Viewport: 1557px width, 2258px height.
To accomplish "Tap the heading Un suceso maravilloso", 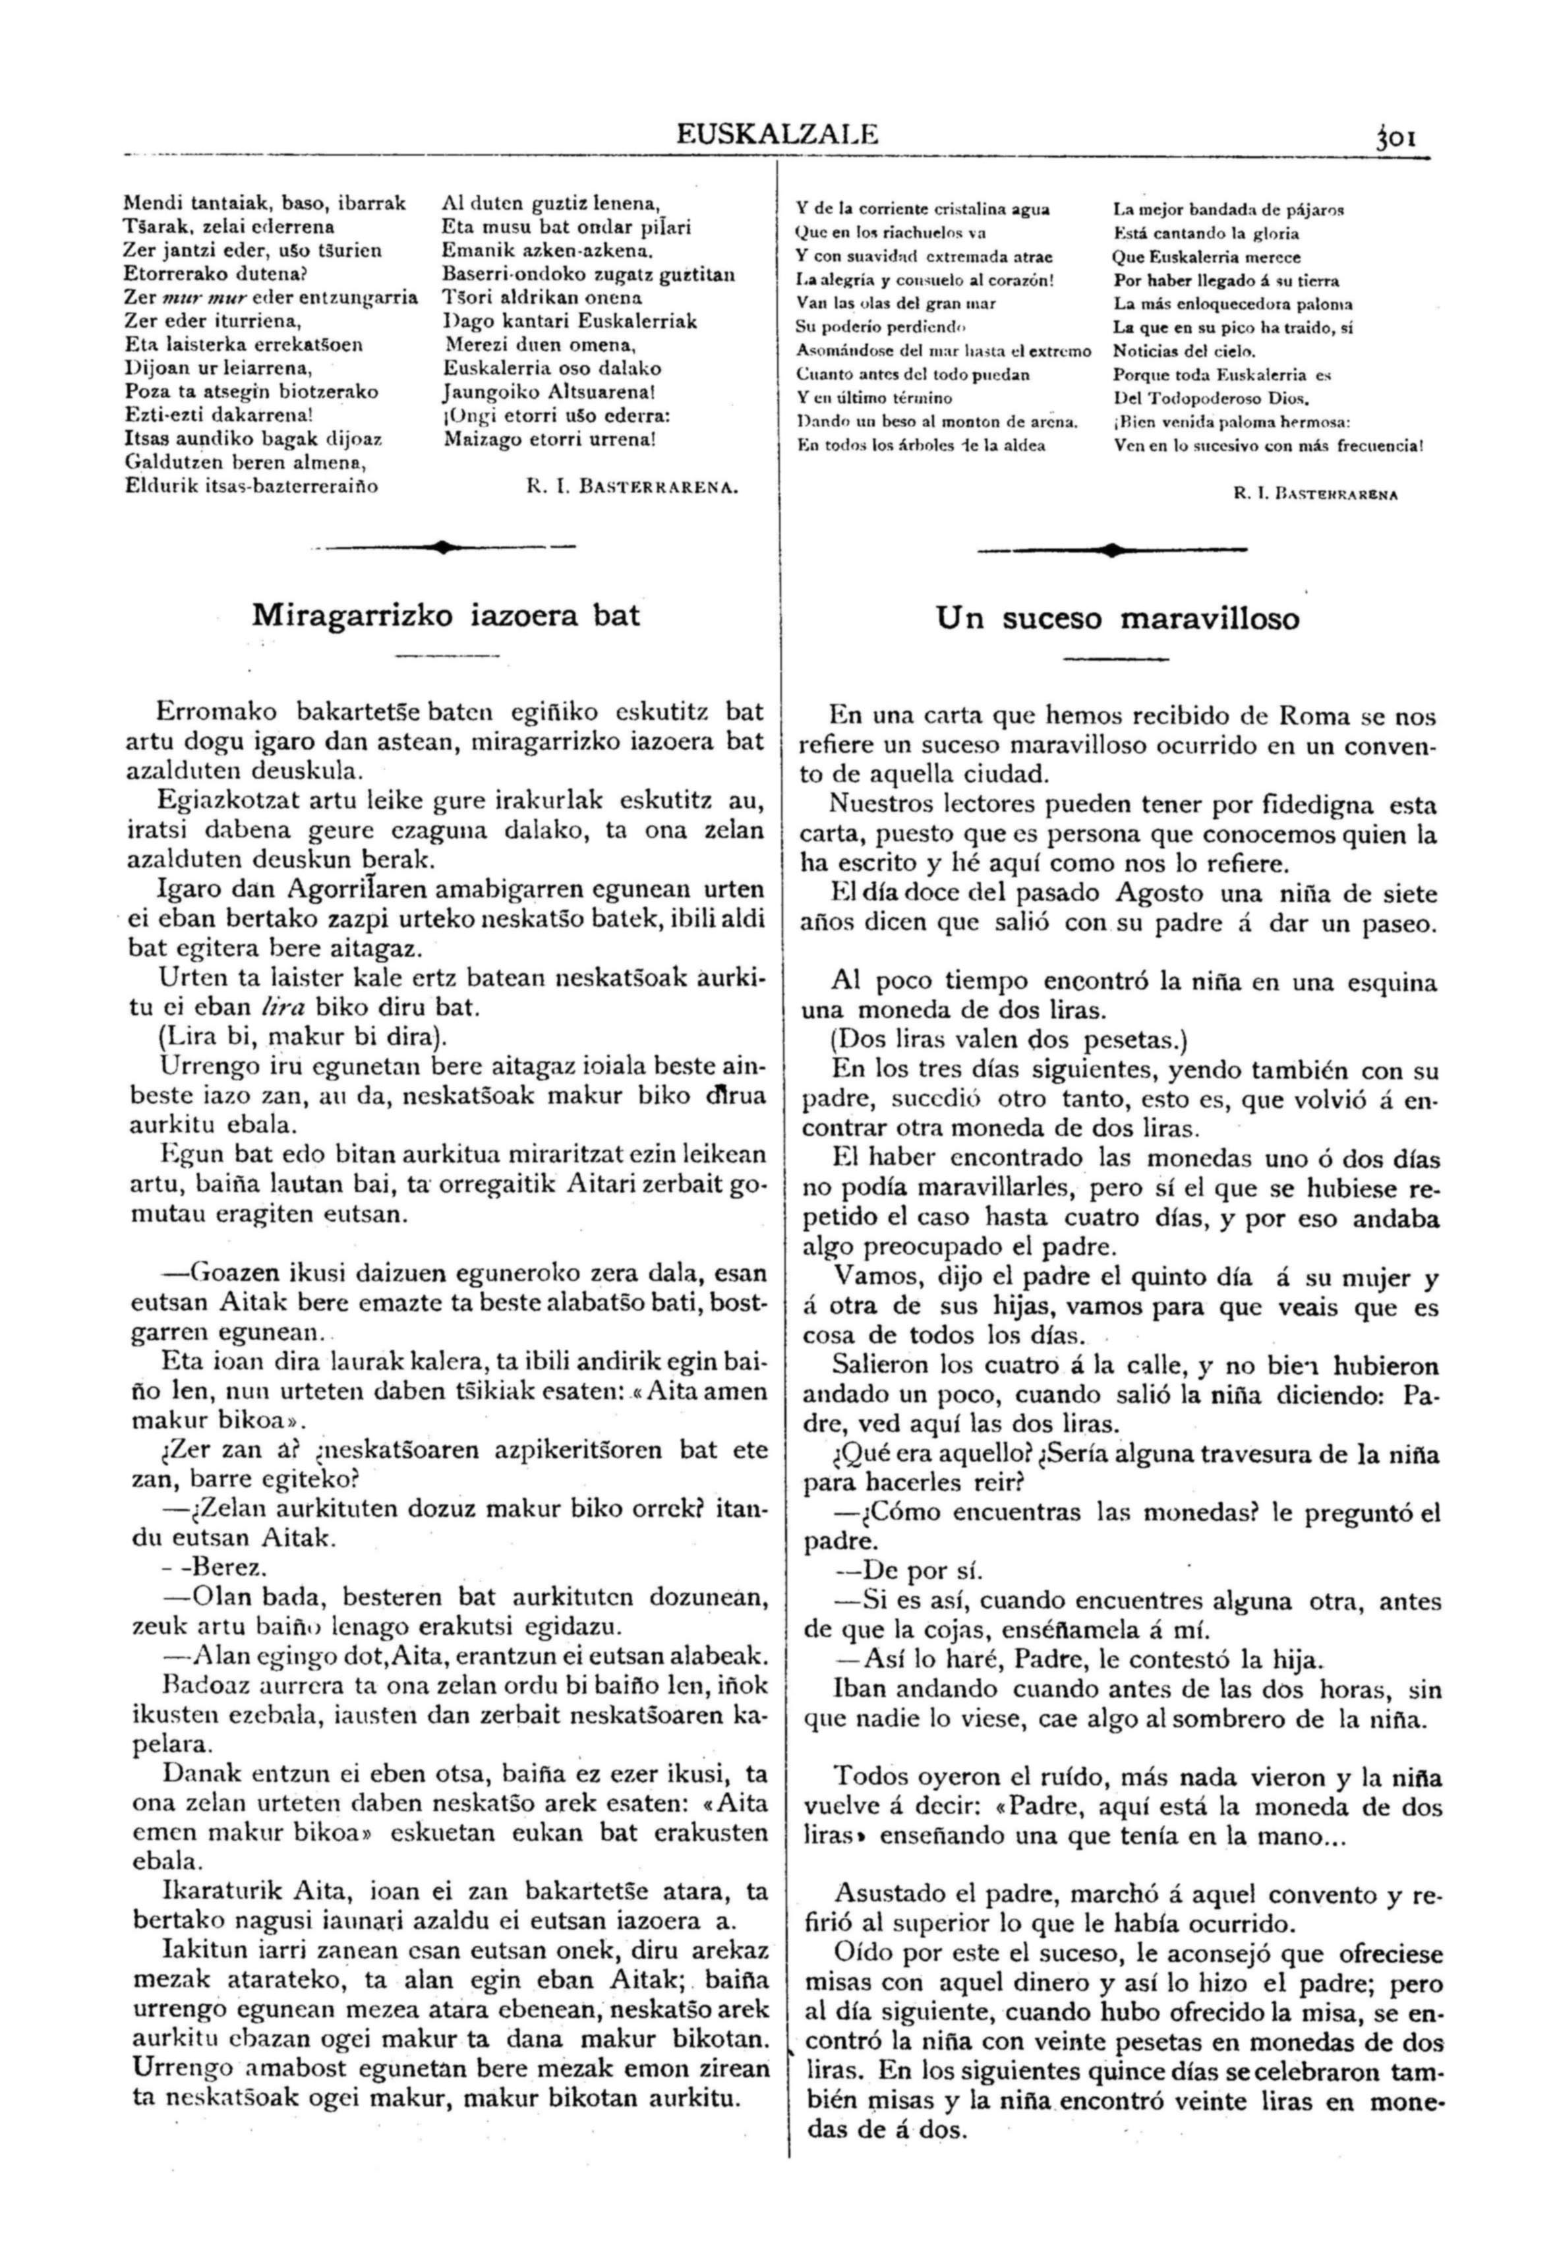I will click(1117, 618).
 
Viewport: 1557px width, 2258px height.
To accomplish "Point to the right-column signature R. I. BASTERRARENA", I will click(1316, 494).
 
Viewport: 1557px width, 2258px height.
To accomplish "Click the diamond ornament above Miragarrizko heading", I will click(444, 547).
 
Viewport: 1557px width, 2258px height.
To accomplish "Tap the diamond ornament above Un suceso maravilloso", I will click(1111, 550).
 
